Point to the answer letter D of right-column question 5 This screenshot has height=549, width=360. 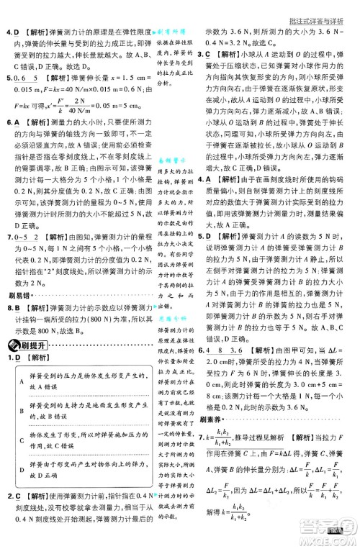pos(205,235)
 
